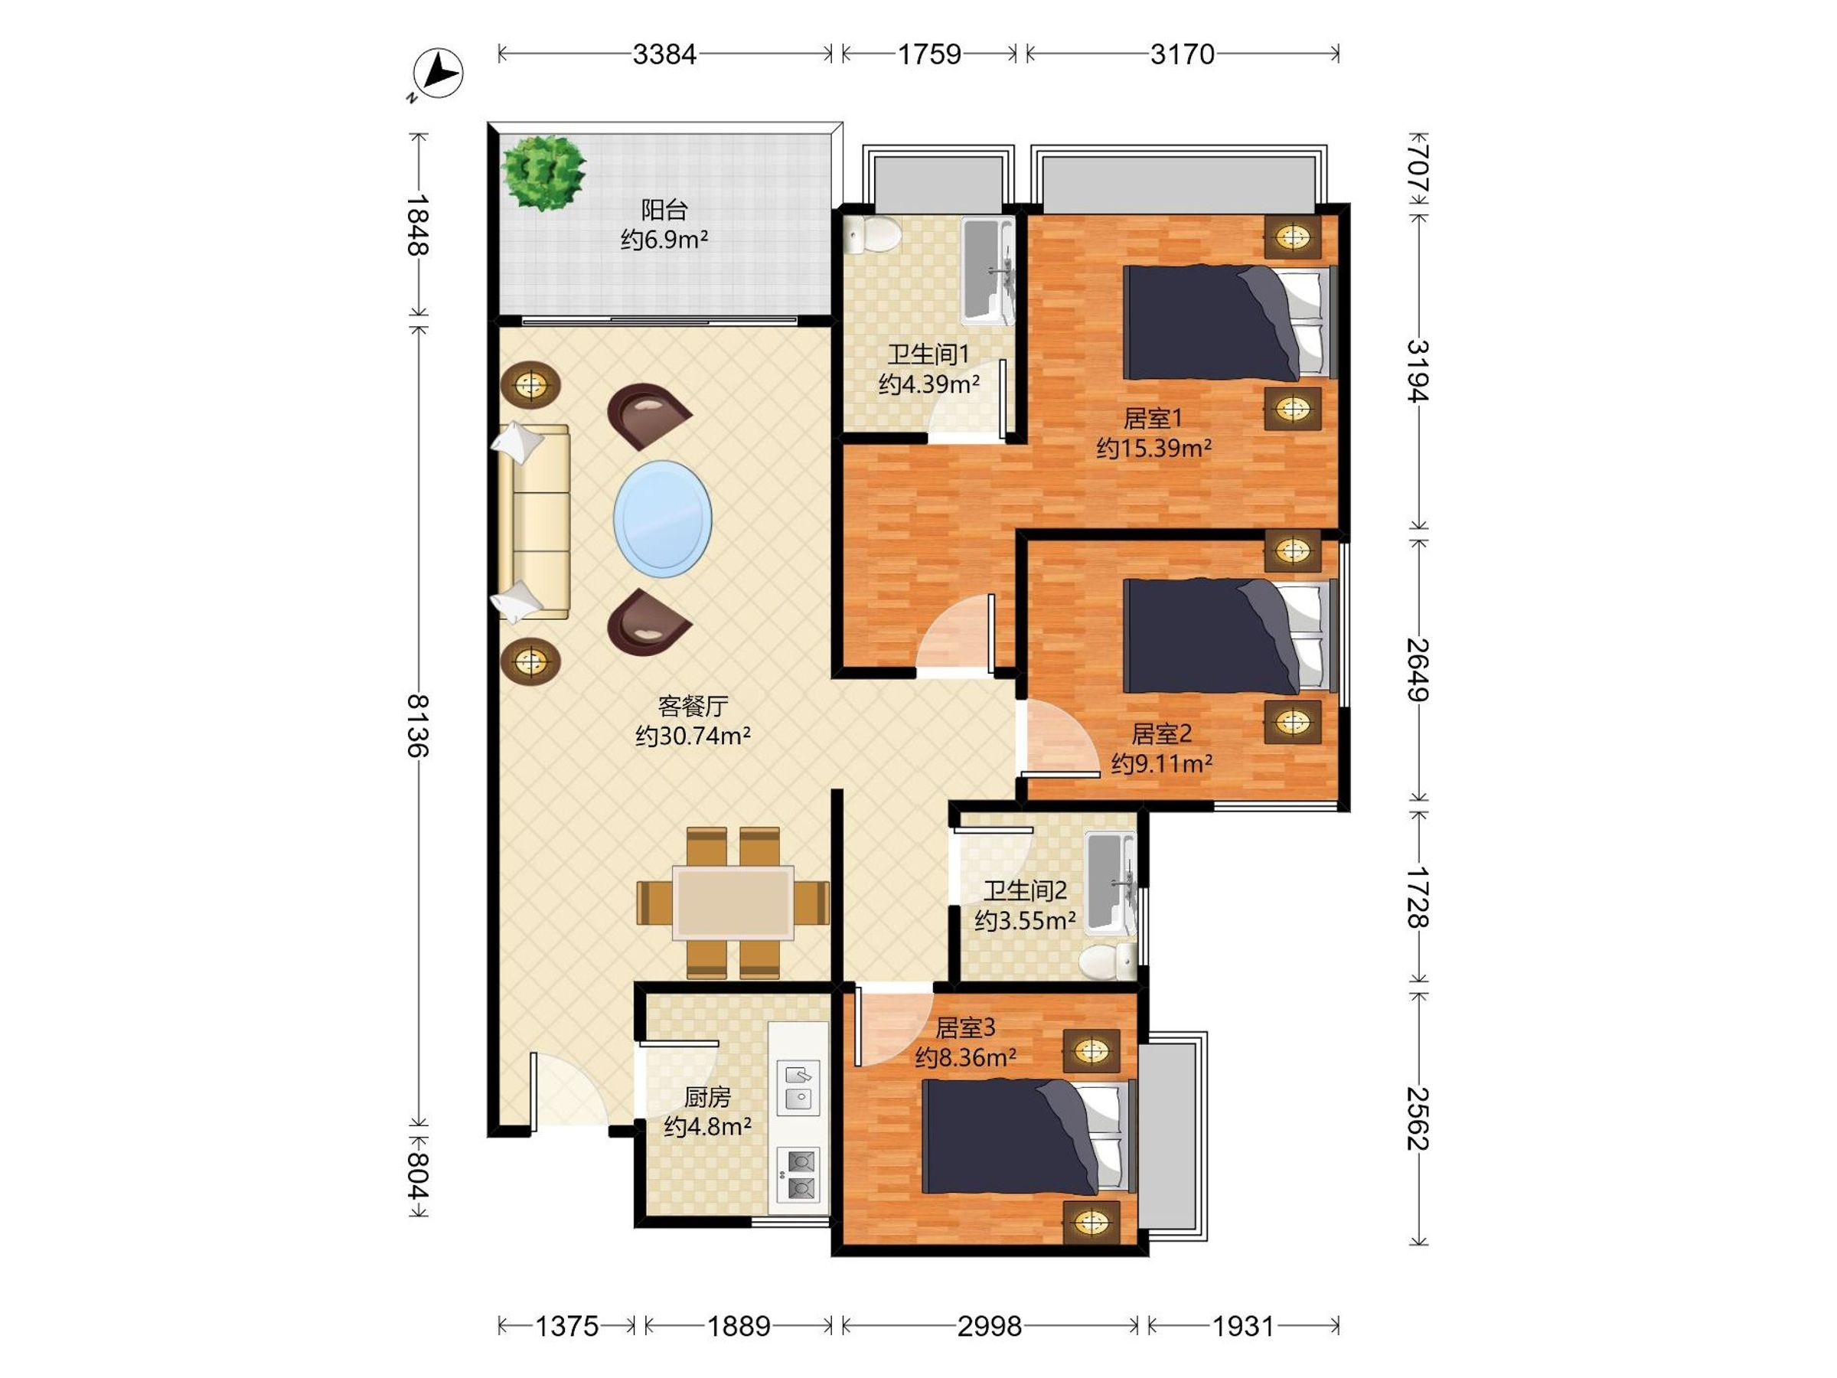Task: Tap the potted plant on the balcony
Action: tap(544, 173)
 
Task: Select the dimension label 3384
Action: tap(664, 55)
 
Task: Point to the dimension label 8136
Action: tap(417, 724)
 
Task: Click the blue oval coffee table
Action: tap(663, 519)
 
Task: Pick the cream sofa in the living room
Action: tap(534, 522)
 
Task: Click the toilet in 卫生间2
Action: tap(1108, 960)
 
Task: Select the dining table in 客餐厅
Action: tap(733, 902)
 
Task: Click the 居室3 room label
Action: tap(965, 1028)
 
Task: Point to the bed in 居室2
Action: tap(1228, 637)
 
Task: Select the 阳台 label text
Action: tap(664, 211)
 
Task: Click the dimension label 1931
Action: tap(1243, 1327)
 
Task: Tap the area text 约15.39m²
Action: tap(1153, 449)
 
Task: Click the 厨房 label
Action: tap(707, 1097)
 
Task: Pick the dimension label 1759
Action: tap(929, 55)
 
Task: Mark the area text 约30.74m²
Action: tap(693, 736)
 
